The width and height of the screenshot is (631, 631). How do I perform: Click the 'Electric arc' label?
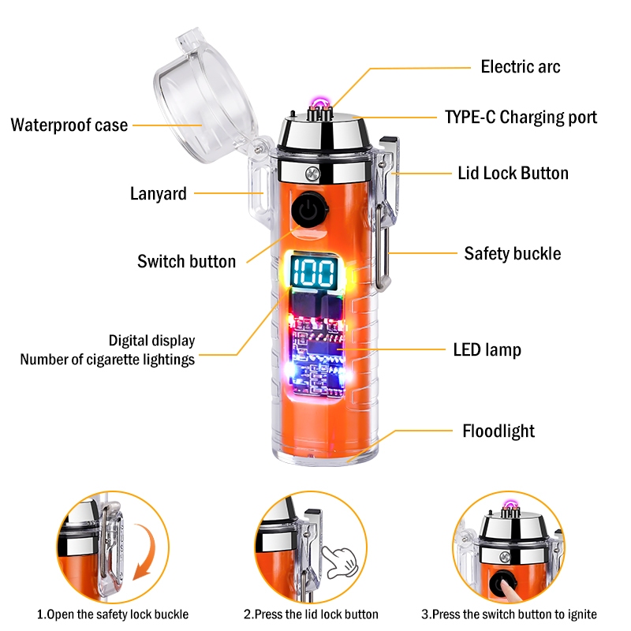click(x=521, y=66)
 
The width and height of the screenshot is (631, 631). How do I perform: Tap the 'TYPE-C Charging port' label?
click(x=521, y=118)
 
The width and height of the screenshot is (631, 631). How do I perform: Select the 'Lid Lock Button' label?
click(x=513, y=173)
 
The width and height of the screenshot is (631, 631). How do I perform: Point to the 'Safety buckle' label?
click(x=512, y=253)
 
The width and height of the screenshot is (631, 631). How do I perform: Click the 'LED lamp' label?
click(x=487, y=349)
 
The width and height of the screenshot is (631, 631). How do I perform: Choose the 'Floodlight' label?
click(x=498, y=431)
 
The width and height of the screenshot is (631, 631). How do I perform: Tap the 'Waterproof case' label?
click(x=69, y=125)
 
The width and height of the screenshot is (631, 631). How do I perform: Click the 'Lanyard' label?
click(x=159, y=193)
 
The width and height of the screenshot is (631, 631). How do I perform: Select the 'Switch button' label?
click(x=186, y=261)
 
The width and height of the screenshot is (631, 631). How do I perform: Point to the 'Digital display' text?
click(x=151, y=341)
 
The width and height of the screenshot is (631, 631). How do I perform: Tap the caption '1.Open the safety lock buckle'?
click(x=113, y=614)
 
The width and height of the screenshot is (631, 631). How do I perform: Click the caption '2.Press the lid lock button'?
click(x=311, y=614)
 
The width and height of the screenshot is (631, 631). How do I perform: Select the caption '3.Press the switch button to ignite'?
click(x=509, y=614)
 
